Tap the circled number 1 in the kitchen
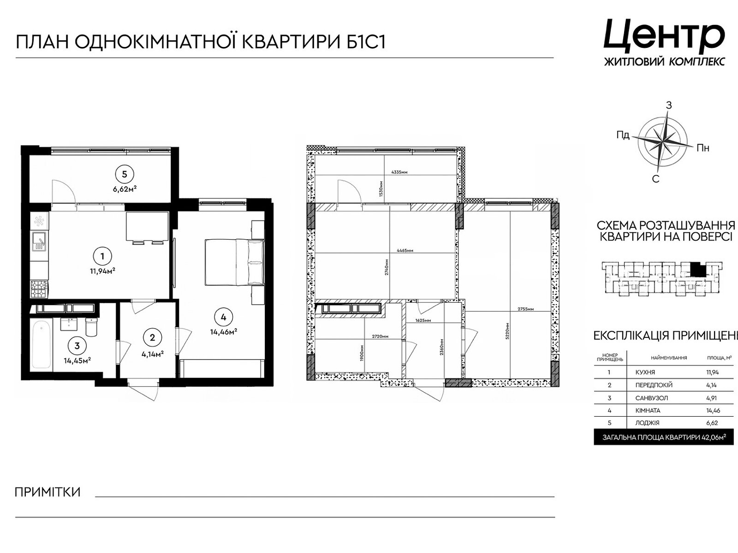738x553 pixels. pos(102,256)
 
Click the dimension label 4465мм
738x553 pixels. pos(404,251)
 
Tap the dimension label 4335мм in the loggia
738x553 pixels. pos(399,172)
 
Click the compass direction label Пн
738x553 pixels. pos(702,148)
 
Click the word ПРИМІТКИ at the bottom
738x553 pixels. pos(48,492)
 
